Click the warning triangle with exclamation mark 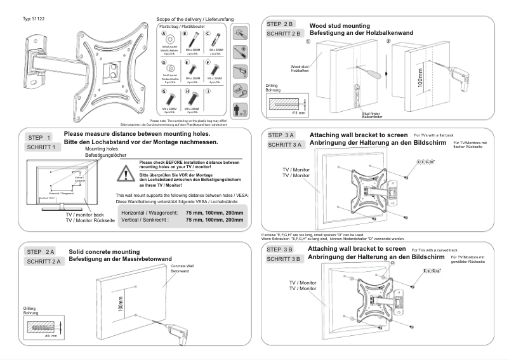point(129,173)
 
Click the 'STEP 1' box point(41,137)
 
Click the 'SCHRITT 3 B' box point(287,258)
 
